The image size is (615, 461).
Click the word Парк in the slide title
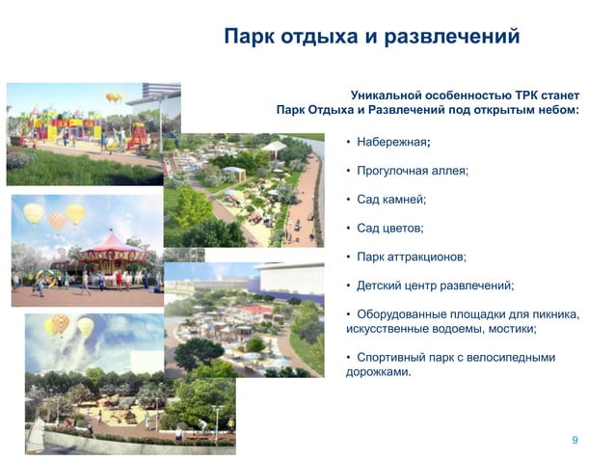(253, 38)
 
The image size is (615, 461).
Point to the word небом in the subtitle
(554, 110)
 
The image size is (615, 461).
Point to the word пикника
(550, 314)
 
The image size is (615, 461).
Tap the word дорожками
(378, 371)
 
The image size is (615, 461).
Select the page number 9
(575, 440)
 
